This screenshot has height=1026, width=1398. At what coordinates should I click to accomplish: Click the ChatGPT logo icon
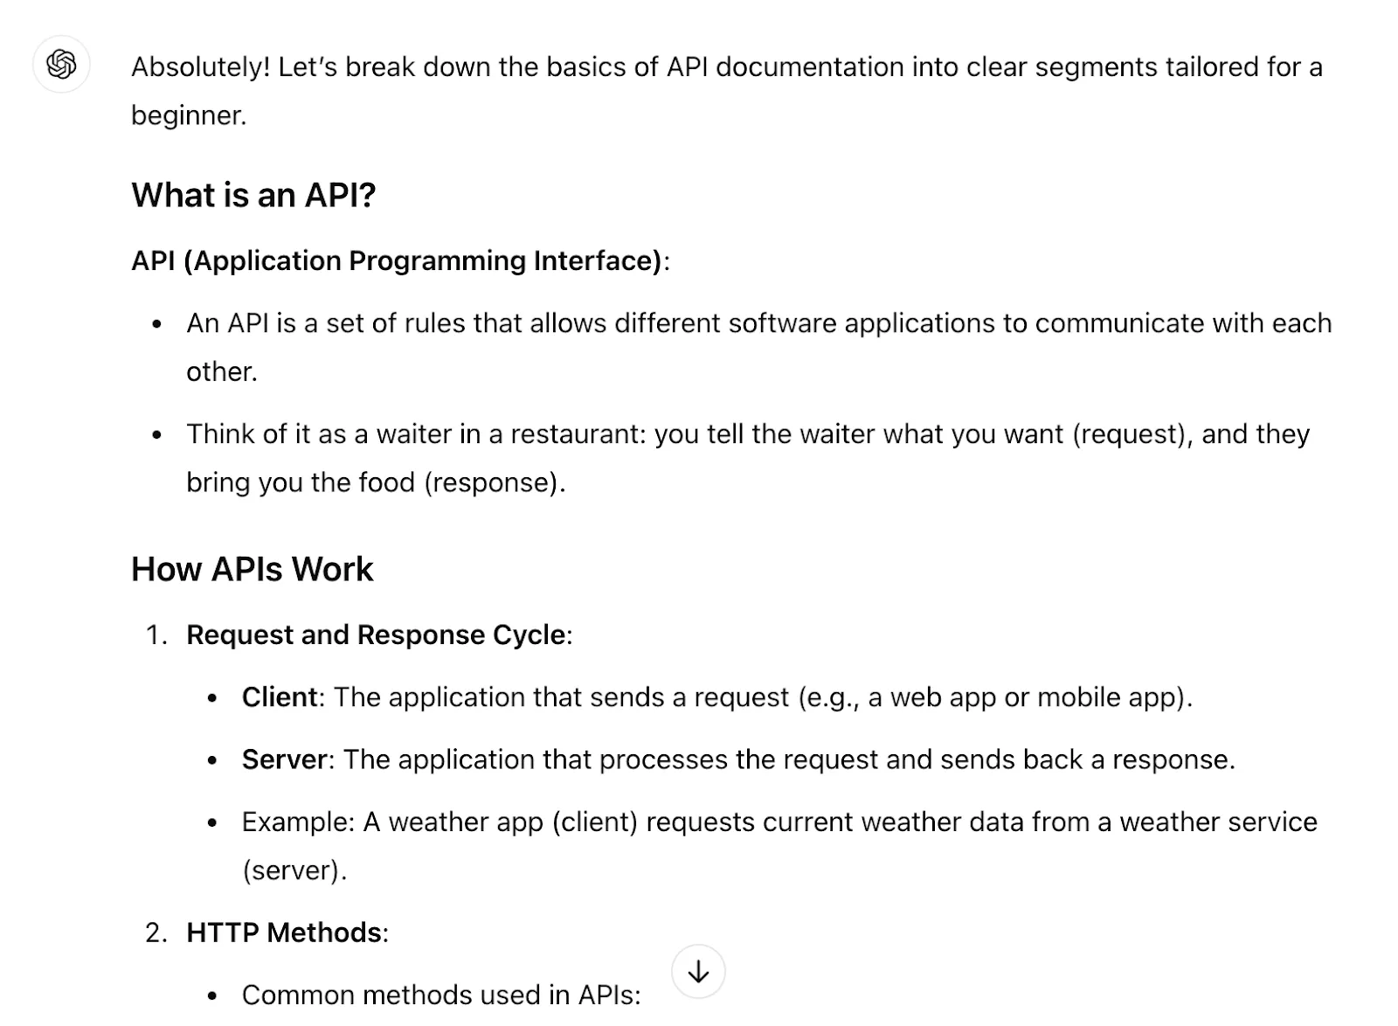coord(61,65)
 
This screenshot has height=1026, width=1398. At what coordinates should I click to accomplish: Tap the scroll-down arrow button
coord(698,972)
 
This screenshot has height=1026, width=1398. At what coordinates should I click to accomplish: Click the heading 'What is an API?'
coord(253,195)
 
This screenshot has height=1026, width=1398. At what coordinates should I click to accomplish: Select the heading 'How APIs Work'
coord(253,569)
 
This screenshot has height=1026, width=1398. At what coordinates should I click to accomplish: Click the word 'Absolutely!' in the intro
coord(201,68)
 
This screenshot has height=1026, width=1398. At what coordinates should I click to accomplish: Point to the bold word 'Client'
coord(280,697)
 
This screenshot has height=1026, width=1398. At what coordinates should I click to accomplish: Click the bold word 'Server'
coord(285,759)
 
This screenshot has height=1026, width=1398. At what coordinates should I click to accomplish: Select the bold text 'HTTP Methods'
coord(284,932)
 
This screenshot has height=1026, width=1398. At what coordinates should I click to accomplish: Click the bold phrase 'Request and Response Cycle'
coord(377,634)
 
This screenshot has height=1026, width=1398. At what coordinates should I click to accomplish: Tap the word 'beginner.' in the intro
coord(189,116)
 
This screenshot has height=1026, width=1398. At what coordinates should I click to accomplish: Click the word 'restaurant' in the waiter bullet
coord(574,433)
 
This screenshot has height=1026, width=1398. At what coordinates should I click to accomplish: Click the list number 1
coord(156,634)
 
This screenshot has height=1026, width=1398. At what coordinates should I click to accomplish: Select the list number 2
coord(156,932)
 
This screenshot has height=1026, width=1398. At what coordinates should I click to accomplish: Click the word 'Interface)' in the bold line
coord(598,260)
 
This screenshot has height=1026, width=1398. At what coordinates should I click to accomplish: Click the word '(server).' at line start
coord(294,870)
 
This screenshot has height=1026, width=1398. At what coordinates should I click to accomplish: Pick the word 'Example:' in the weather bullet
coord(298,822)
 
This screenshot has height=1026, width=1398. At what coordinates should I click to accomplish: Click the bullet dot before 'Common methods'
coord(212,995)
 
